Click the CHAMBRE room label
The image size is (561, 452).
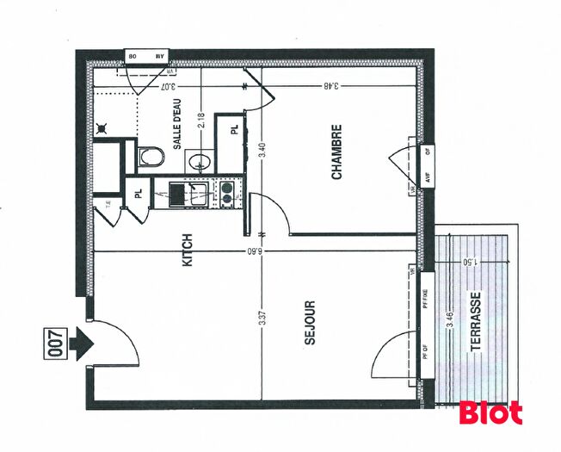point(337,153)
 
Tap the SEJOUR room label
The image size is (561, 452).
point(311,323)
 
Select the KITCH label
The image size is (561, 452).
point(188,250)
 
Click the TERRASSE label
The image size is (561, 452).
point(476,320)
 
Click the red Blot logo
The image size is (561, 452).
point(490,412)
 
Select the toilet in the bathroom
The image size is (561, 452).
point(151,157)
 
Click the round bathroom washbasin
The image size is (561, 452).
point(200,159)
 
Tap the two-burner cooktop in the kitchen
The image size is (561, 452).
point(227,192)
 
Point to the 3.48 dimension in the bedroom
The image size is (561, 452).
point(330,85)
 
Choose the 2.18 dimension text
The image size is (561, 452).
point(201,120)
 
